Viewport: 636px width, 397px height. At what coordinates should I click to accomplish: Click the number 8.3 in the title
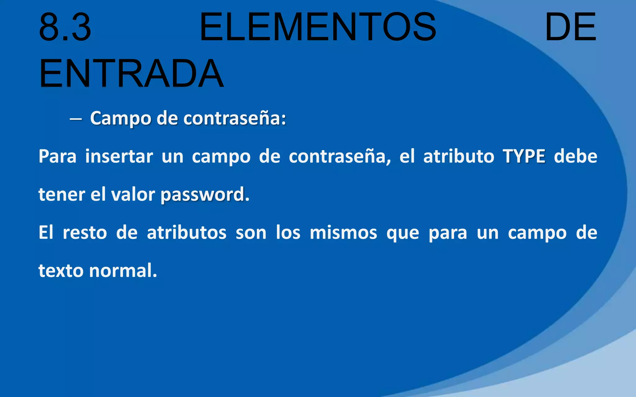click(x=65, y=27)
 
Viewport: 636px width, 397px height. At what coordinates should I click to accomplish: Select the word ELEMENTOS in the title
click(x=318, y=27)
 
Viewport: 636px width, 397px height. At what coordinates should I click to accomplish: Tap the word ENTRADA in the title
click(x=131, y=74)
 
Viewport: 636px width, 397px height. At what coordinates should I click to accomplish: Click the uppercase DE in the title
click(x=570, y=27)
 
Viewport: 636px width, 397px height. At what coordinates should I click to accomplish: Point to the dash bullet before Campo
click(x=76, y=119)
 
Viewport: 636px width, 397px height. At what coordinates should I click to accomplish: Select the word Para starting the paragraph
click(x=57, y=156)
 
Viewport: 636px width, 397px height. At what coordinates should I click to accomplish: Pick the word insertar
click(x=119, y=156)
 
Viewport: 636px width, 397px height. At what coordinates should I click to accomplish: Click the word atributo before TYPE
click(x=458, y=156)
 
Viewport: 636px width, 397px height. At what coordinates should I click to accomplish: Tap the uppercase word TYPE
click(x=524, y=156)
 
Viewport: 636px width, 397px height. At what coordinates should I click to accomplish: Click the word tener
click(x=61, y=195)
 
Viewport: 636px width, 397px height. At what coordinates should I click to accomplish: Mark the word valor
click(x=133, y=195)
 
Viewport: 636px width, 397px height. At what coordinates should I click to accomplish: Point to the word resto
click(x=85, y=233)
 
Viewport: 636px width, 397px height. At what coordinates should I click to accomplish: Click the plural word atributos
click(x=187, y=233)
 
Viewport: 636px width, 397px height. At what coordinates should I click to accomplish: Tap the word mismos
click(x=343, y=233)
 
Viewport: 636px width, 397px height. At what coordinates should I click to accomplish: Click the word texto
click(x=61, y=271)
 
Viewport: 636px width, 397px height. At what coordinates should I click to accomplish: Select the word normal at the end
click(x=123, y=271)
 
